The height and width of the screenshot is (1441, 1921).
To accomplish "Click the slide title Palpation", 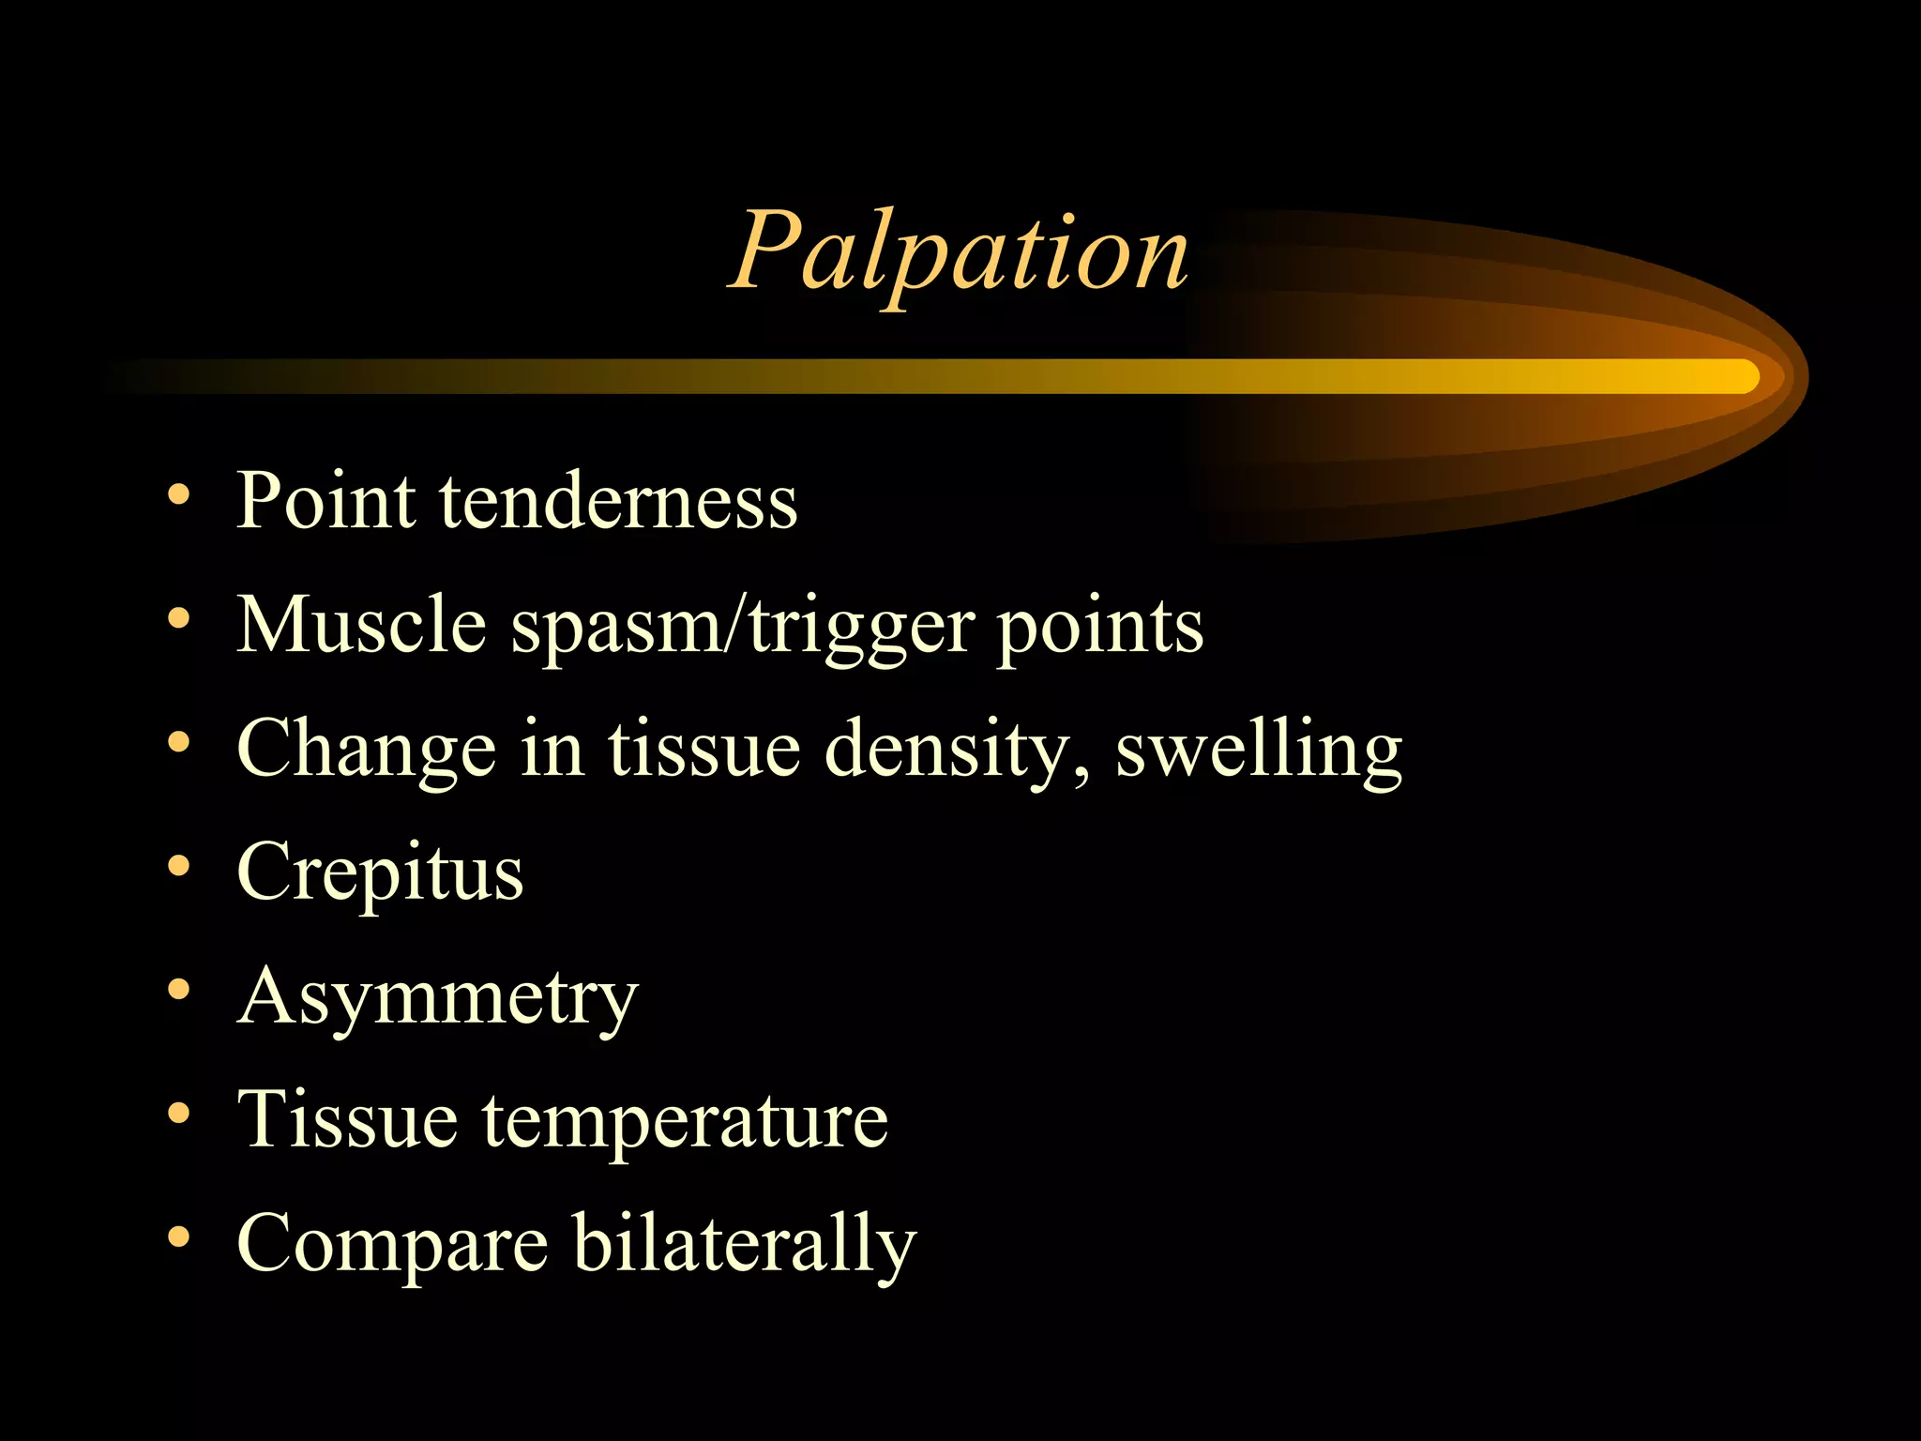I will (x=959, y=251).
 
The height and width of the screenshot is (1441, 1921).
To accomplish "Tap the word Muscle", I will (x=361, y=626).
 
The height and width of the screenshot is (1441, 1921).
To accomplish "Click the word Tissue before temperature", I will (x=347, y=1119).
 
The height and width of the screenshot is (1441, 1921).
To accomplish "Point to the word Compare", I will (x=392, y=1244).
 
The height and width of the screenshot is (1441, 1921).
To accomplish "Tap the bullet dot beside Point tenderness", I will (x=178, y=495).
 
